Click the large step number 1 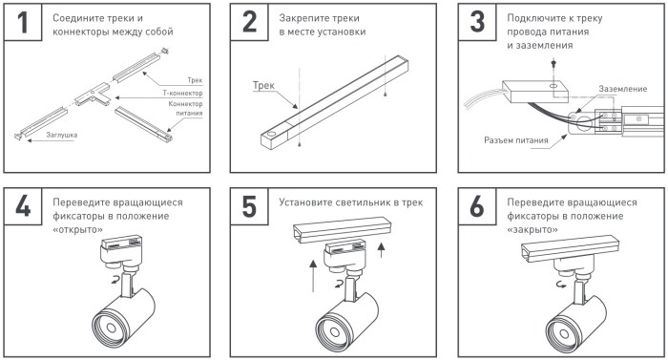(x=23, y=22)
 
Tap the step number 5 (x=249, y=206)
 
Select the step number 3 (x=477, y=22)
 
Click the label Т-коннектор (x=183, y=93)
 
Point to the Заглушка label (x=62, y=135)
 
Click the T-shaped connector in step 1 (x=93, y=95)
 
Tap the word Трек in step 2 (x=263, y=85)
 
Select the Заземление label (x=623, y=89)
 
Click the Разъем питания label (x=516, y=140)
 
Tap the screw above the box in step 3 (x=553, y=64)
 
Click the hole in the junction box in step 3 (x=553, y=87)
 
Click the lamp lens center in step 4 (x=111, y=328)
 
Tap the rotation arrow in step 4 (x=115, y=280)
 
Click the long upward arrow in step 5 (x=313, y=276)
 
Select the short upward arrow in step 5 (x=382, y=249)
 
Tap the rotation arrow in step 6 (x=561, y=284)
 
